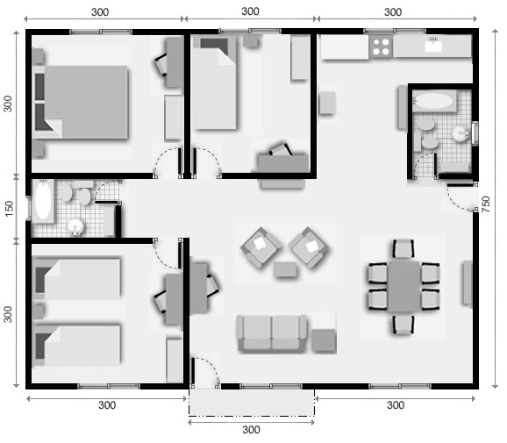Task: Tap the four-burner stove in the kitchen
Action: pyautogui.click(x=381, y=46)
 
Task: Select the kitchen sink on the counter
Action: pyautogui.click(x=433, y=46)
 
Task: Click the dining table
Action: pyautogui.click(x=404, y=284)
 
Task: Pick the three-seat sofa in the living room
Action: pyautogui.click(x=272, y=332)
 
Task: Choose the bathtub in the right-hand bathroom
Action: pyautogui.click(x=432, y=100)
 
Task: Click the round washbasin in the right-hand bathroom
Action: pyautogui.click(x=460, y=133)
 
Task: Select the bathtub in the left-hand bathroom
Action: pyautogui.click(x=42, y=201)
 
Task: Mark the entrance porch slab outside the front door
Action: pyautogui.click(x=251, y=403)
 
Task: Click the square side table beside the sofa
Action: pyautogui.click(x=324, y=339)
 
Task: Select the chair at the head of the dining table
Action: pyautogui.click(x=403, y=248)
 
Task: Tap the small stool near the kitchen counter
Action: pyautogui.click(x=327, y=104)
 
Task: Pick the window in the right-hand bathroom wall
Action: pyautogui.click(x=475, y=132)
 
